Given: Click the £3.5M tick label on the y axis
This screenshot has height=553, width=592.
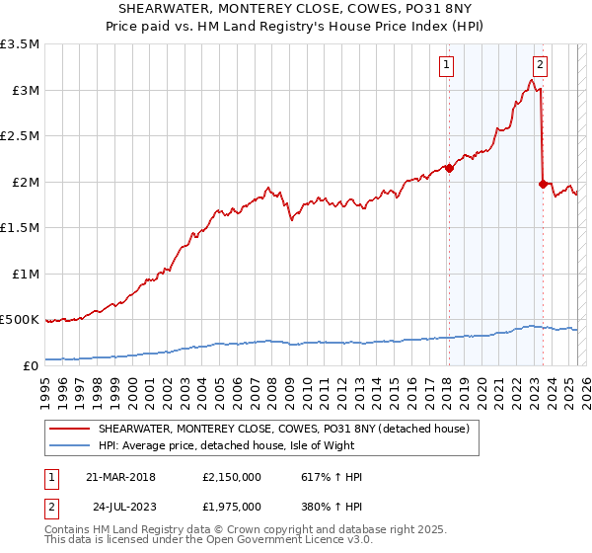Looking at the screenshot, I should pyautogui.click(x=20, y=44).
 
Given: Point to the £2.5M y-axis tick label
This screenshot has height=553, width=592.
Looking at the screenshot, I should pyautogui.click(x=20, y=136).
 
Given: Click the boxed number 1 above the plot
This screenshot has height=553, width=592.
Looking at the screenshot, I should pyautogui.click(x=447, y=66).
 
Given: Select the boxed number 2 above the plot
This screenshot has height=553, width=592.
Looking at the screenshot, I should pyautogui.click(x=540, y=66).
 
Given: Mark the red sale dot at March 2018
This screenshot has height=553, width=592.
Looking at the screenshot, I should pyautogui.click(x=449, y=168).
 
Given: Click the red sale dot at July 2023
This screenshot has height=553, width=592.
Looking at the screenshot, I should pyautogui.click(x=543, y=184).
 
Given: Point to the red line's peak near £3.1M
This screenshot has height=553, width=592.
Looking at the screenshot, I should pyautogui.click(x=532, y=81).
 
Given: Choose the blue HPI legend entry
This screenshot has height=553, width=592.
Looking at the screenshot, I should pyautogui.click(x=238, y=445).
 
